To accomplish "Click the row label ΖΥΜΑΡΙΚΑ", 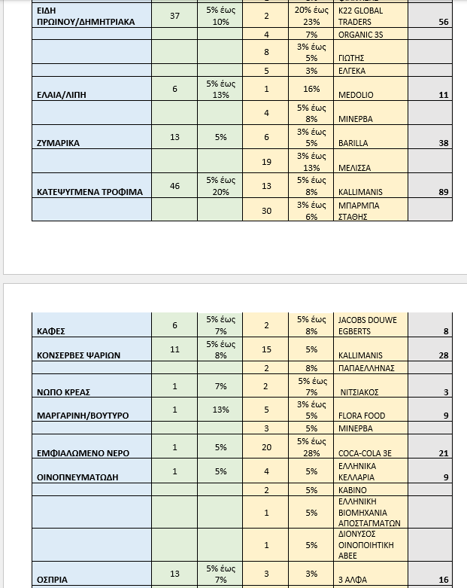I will click(59, 142).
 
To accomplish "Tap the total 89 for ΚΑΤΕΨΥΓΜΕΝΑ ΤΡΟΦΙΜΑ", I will click(443, 192).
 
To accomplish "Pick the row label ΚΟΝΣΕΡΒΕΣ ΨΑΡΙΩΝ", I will click(79, 355).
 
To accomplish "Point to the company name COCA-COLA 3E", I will click(365, 453).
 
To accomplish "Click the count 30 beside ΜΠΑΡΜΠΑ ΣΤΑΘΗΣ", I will click(266, 212).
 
